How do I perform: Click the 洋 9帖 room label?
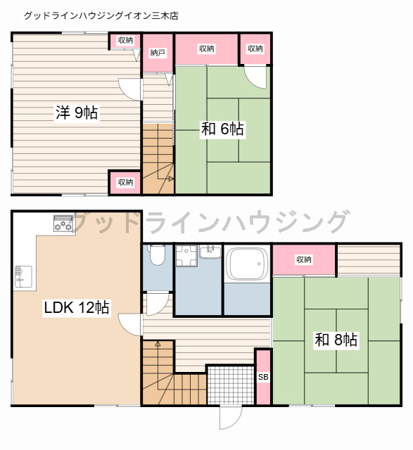click(x=77, y=112)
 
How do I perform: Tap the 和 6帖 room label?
click(x=222, y=129)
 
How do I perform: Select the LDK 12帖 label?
click(x=77, y=307)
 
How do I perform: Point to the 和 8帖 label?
click(x=336, y=340)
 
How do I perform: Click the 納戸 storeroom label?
click(x=158, y=53)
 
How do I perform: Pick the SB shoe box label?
click(x=263, y=377)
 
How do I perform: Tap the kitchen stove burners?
click(x=63, y=224)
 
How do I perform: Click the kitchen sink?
click(x=23, y=276)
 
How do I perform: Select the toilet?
click(x=157, y=255)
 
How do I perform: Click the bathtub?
click(x=247, y=264)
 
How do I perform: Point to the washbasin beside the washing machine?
click(x=210, y=252)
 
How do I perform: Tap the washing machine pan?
click(x=186, y=256)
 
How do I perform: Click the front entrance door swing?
click(x=231, y=418)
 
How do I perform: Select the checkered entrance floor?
click(x=231, y=385)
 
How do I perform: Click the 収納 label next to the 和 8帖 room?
click(x=304, y=259)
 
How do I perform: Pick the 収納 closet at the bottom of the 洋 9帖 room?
click(x=125, y=183)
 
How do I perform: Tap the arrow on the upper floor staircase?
click(x=171, y=179)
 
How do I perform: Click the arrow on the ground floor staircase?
click(x=158, y=344)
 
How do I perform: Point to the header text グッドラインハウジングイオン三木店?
click(x=101, y=15)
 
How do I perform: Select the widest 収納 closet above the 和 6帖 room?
click(x=207, y=49)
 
